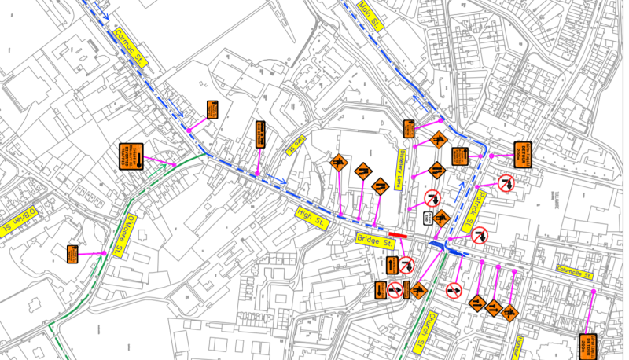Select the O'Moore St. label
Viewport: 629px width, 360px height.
pos(131,233)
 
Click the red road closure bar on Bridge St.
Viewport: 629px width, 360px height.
pos(397,234)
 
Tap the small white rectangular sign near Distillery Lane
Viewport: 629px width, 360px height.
pos(425,218)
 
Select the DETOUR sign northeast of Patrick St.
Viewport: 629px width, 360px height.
pos(523,154)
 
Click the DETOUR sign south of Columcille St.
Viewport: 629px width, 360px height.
pos(587,346)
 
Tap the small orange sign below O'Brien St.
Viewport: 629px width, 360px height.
pos(72,253)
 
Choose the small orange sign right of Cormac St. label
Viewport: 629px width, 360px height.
pos(212,110)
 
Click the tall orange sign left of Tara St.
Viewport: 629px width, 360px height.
pos(260,134)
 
